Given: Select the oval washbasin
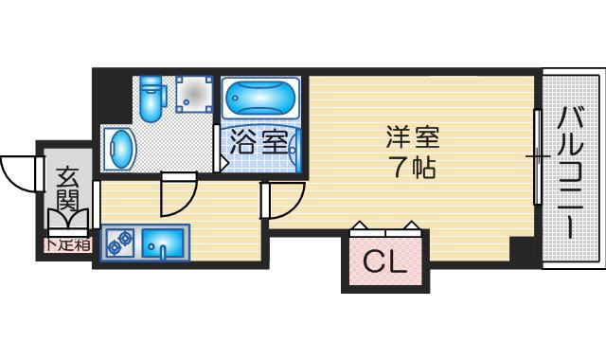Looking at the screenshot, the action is [x=120, y=150].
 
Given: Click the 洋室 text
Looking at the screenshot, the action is [x=413, y=137].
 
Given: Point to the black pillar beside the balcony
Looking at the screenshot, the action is [x=522, y=251].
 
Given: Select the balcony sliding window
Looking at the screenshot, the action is [x=537, y=156].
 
